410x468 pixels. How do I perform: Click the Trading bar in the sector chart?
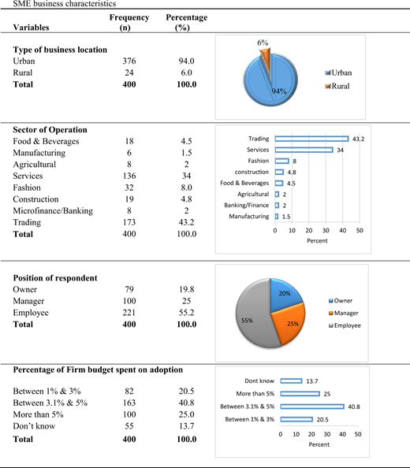311,139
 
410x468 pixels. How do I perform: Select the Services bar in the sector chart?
304,150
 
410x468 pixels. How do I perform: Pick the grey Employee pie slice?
254,317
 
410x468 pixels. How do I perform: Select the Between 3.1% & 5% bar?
312,407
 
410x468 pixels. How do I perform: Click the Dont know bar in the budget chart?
291,381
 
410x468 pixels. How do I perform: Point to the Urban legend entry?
338,72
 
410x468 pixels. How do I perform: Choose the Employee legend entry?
345,325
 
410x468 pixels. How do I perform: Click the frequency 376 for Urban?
129,61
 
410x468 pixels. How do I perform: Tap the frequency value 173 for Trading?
129,222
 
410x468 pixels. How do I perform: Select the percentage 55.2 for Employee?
187,313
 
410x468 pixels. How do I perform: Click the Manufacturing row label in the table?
39,153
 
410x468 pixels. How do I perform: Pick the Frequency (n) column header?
129,22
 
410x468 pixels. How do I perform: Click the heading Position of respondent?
55,278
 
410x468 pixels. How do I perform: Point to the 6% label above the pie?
263,43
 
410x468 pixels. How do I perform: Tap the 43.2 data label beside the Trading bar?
358,139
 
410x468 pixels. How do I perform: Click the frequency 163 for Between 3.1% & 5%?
129,403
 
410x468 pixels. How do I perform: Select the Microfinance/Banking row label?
53,210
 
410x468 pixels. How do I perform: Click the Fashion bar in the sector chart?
282,161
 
